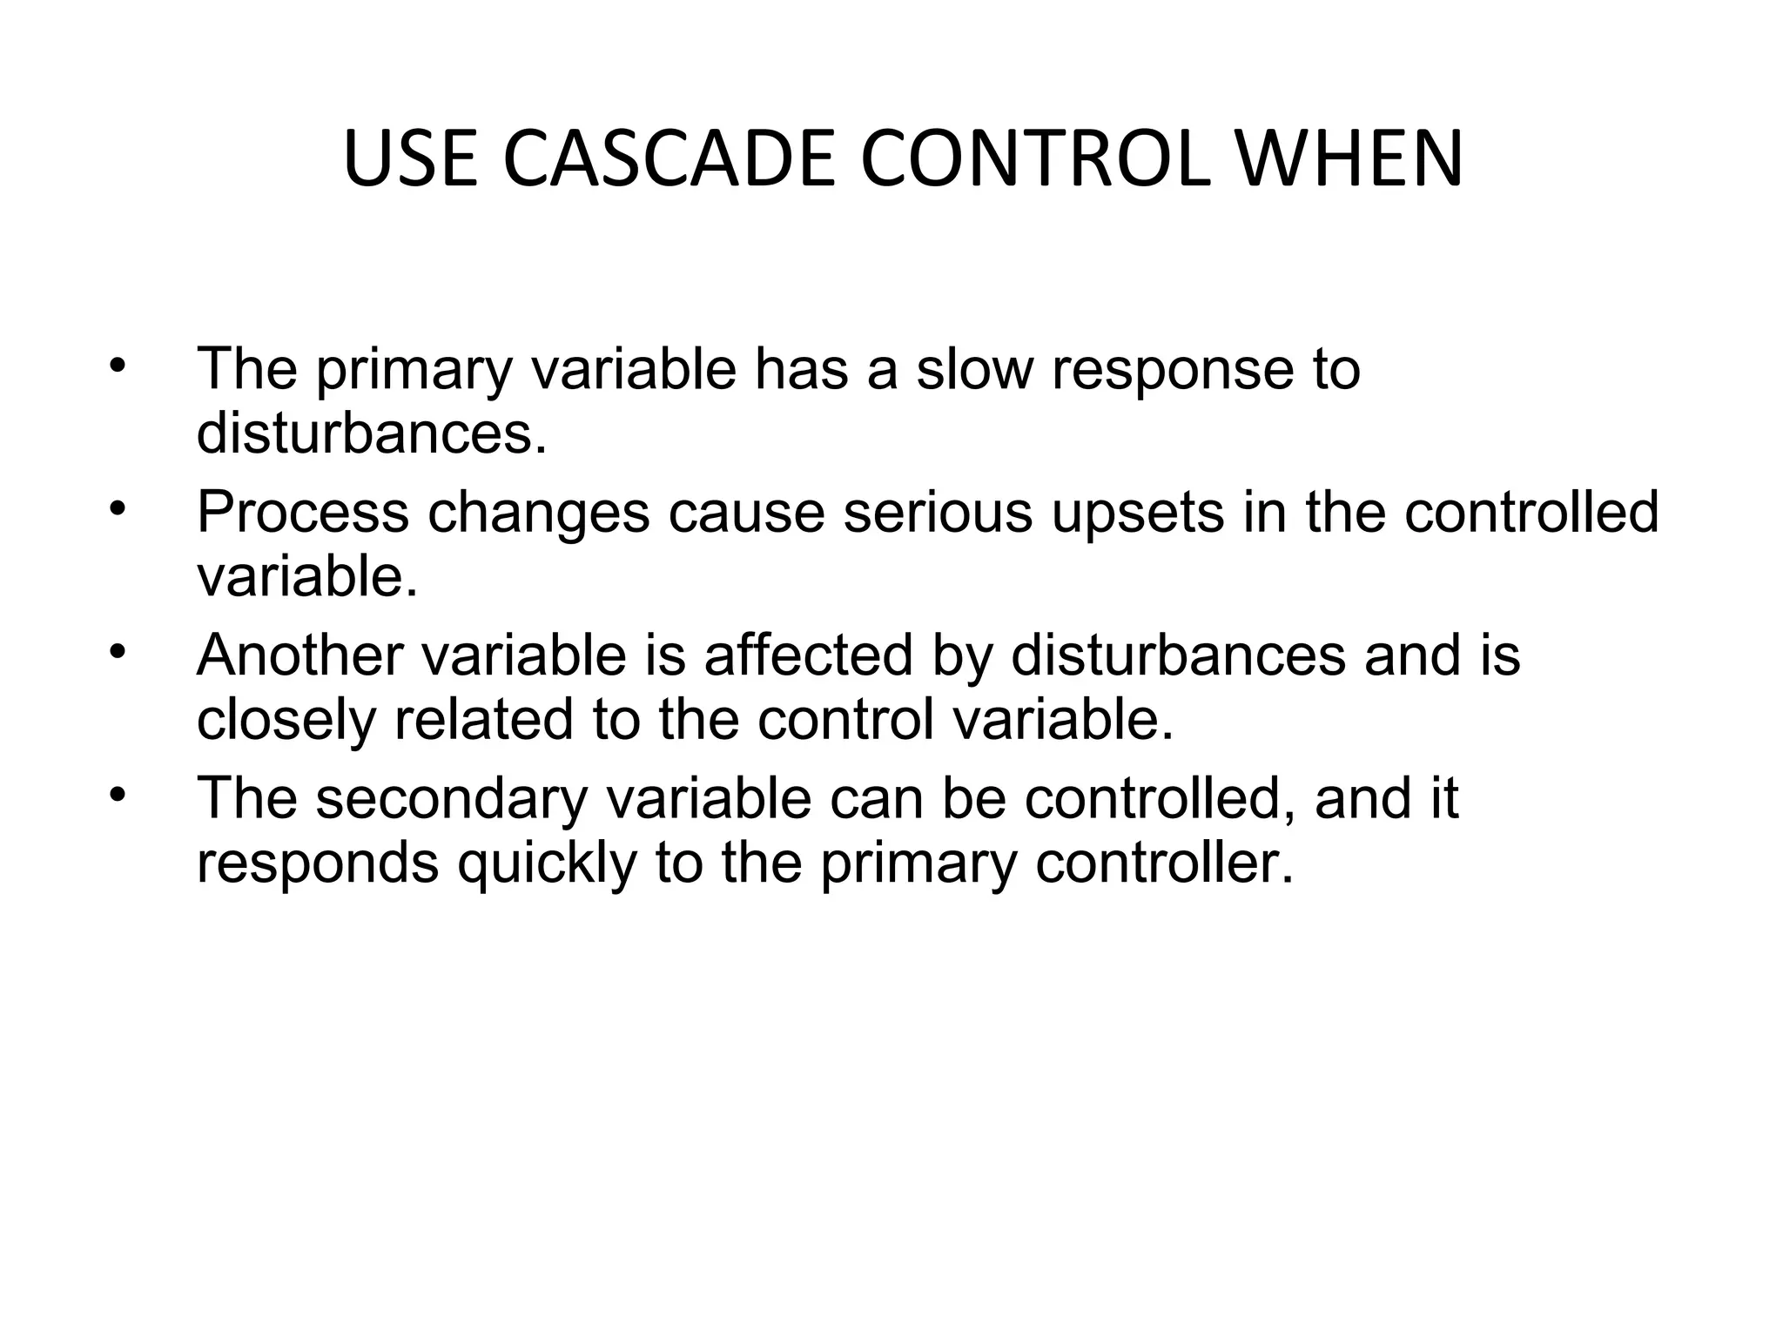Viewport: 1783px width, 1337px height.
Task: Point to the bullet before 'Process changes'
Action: (118, 508)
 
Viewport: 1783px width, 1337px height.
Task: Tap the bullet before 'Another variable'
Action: (118, 651)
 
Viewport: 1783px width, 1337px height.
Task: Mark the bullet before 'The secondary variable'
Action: (118, 794)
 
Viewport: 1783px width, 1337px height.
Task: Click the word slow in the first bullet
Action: (974, 369)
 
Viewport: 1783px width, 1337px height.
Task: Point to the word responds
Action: (317, 865)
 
